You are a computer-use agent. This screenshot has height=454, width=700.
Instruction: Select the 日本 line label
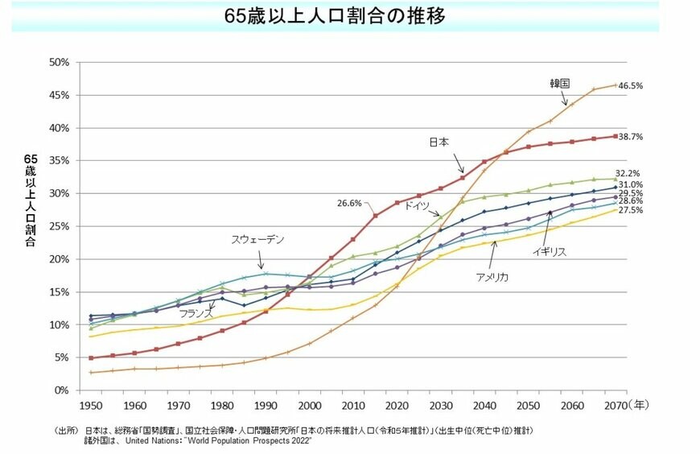pos(439,142)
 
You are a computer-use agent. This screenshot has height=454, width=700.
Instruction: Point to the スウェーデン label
pos(257,240)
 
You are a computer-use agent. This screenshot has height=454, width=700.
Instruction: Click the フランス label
pos(196,312)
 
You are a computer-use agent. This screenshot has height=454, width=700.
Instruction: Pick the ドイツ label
pos(416,206)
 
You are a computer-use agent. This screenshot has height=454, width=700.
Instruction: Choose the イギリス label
pos(549,252)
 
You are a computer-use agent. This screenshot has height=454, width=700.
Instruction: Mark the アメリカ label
pos(492,276)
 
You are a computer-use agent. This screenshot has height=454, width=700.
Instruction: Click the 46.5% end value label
pos(630,85)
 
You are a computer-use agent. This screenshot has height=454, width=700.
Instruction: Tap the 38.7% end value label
pos(630,138)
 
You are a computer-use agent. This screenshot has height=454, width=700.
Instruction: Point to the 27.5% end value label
pos(630,210)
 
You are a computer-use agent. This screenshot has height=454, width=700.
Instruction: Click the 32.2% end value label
pos(628,173)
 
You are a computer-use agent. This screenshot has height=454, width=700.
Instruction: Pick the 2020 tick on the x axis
pos(397,404)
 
